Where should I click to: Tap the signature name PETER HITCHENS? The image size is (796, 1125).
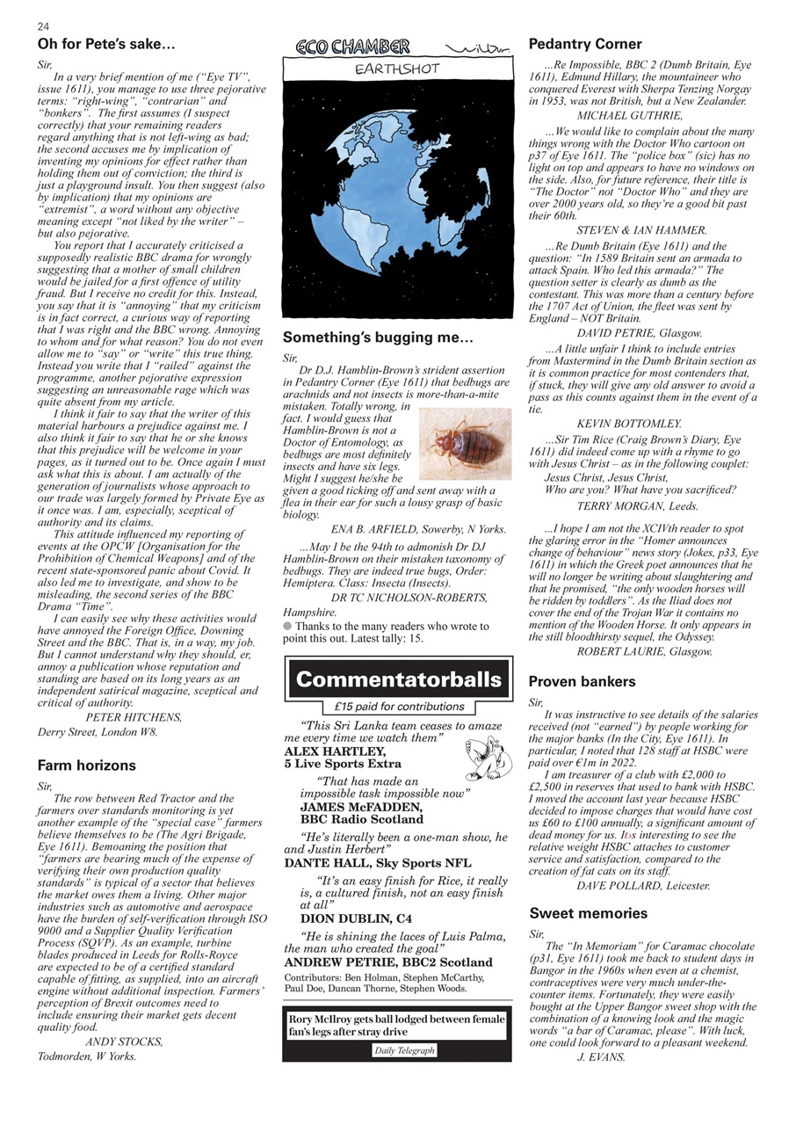coord(134,717)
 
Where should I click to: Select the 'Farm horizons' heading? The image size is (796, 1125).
coord(86,766)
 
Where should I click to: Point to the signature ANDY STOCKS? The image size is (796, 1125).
coord(124,1042)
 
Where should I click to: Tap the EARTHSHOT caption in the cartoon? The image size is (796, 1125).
coord(396,69)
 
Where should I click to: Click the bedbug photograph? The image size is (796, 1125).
coord(465,443)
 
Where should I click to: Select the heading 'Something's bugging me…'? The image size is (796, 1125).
coord(378,337)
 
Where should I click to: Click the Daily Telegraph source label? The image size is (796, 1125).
coord(403,1050)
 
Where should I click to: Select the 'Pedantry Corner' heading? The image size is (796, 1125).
coord(585,44)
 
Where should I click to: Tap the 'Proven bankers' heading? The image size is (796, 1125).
coord(582,681)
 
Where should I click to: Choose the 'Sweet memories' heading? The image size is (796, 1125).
coord(588,913)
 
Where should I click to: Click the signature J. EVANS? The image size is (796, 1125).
coord(601,1057)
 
